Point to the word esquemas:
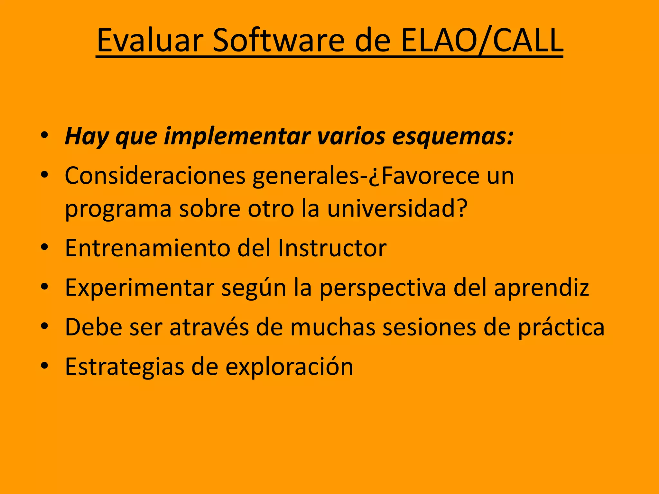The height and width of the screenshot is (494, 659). point(452,137)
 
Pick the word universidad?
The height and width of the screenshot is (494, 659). point(397,209)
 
